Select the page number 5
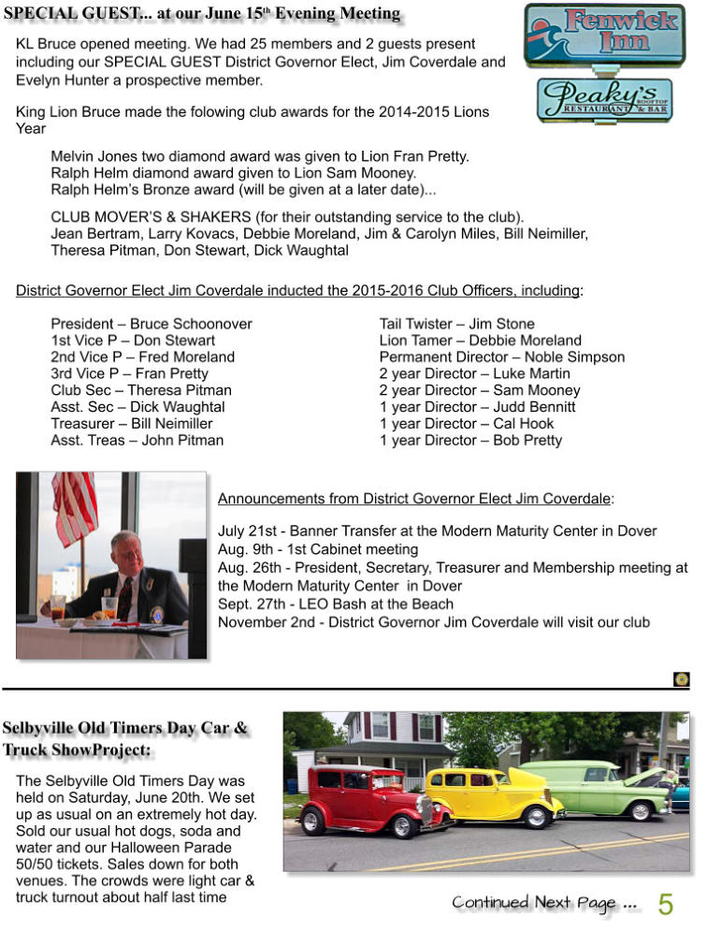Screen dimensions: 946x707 tap(665, 904)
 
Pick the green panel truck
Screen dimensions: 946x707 tap(608, 787)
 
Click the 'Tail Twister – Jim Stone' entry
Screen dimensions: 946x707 tap(456, 324)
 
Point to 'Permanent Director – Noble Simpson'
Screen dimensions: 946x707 tap(501, 357)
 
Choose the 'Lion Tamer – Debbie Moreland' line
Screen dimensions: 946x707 tap(480, 341)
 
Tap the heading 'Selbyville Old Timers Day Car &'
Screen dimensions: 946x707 tap(125, 728)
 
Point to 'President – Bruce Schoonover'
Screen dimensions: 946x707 tap(151, 324)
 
